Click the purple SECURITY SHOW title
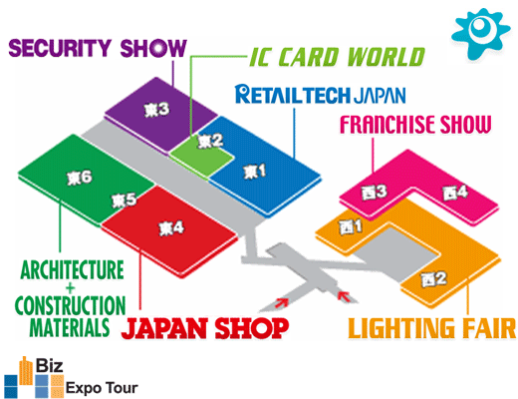coord(98,48)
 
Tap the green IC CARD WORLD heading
coord(337,57)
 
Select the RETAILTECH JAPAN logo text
coord(321,94)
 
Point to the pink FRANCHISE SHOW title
coord(415,124)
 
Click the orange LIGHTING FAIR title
coord(432,328)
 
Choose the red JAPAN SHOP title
coord(205,328)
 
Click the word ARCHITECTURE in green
coord(72,270)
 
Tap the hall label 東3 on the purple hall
coord(156,110)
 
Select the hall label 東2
coord(210,141)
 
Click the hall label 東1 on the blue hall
coord(255,172)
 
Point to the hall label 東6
coord(80,178)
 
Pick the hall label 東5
coord(124,200)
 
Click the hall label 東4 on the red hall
coord(171,228)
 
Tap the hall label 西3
coord(375,192)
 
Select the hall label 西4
coord(455,193)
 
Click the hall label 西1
coord(351,227)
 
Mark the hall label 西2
coord(433,279)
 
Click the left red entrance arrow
coord(281,302)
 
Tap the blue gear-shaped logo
coord(480,34)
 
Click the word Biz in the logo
coord(49,365)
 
